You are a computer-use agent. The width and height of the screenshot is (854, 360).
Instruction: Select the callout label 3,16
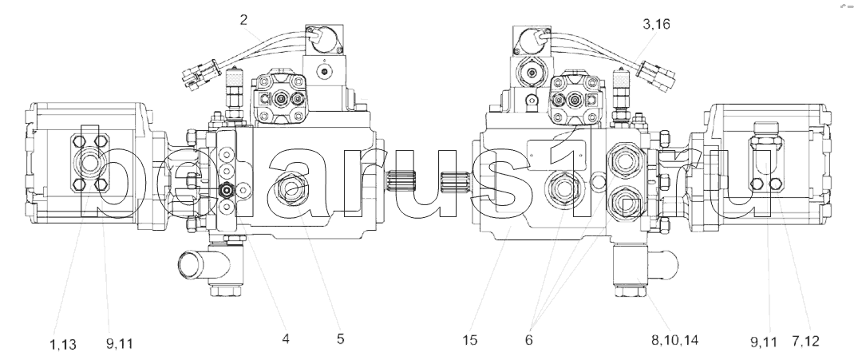pyautogui.click(x=655, y=25)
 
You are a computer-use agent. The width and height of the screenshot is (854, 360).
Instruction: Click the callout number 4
pyautogui.click(x=285, y=339)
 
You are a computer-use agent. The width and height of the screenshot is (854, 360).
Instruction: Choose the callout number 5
pyautogui.click(x=340, y=339)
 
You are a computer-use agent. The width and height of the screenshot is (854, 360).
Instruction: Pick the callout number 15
pyautogui.click(x=469, y=339)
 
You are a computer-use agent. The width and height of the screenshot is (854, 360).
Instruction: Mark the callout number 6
pyautogui.click(x=528, y=339)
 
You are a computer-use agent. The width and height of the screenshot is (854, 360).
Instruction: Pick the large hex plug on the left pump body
pyautogui.click(x=289, y=190)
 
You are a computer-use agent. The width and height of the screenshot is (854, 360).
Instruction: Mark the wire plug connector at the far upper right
pyautogui.click(x=660, y=76)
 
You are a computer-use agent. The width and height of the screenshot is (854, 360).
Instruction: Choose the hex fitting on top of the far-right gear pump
pyautogui.click(x=767, y=128)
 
